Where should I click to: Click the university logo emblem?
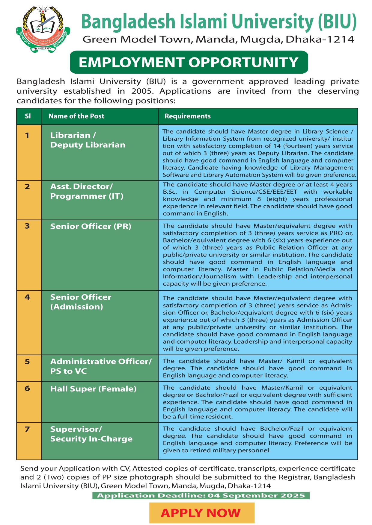point(43,29)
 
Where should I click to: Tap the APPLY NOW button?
point(202,513)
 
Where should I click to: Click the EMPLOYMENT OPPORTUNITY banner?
point(189,62)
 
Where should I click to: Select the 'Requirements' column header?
point(188,116)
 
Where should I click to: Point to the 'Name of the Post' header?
point(76,116)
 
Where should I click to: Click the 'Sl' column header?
point(28,116)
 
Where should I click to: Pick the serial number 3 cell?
point(27,226)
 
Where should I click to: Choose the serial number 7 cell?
point(27,429)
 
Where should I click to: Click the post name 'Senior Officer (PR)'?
point(91,226)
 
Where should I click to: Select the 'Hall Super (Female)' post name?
point(93,389)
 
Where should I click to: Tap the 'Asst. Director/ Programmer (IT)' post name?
point(87,191)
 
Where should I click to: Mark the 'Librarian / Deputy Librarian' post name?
point(88,140)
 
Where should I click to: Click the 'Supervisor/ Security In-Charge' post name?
point(91,434)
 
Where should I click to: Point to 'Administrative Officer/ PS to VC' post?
point(101,366)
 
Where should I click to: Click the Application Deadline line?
point(201,496)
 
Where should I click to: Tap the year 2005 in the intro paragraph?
point(142,91)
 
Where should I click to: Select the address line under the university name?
point(218,39)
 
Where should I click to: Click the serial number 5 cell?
point(27,362)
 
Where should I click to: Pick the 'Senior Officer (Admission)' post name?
point(81,302)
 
